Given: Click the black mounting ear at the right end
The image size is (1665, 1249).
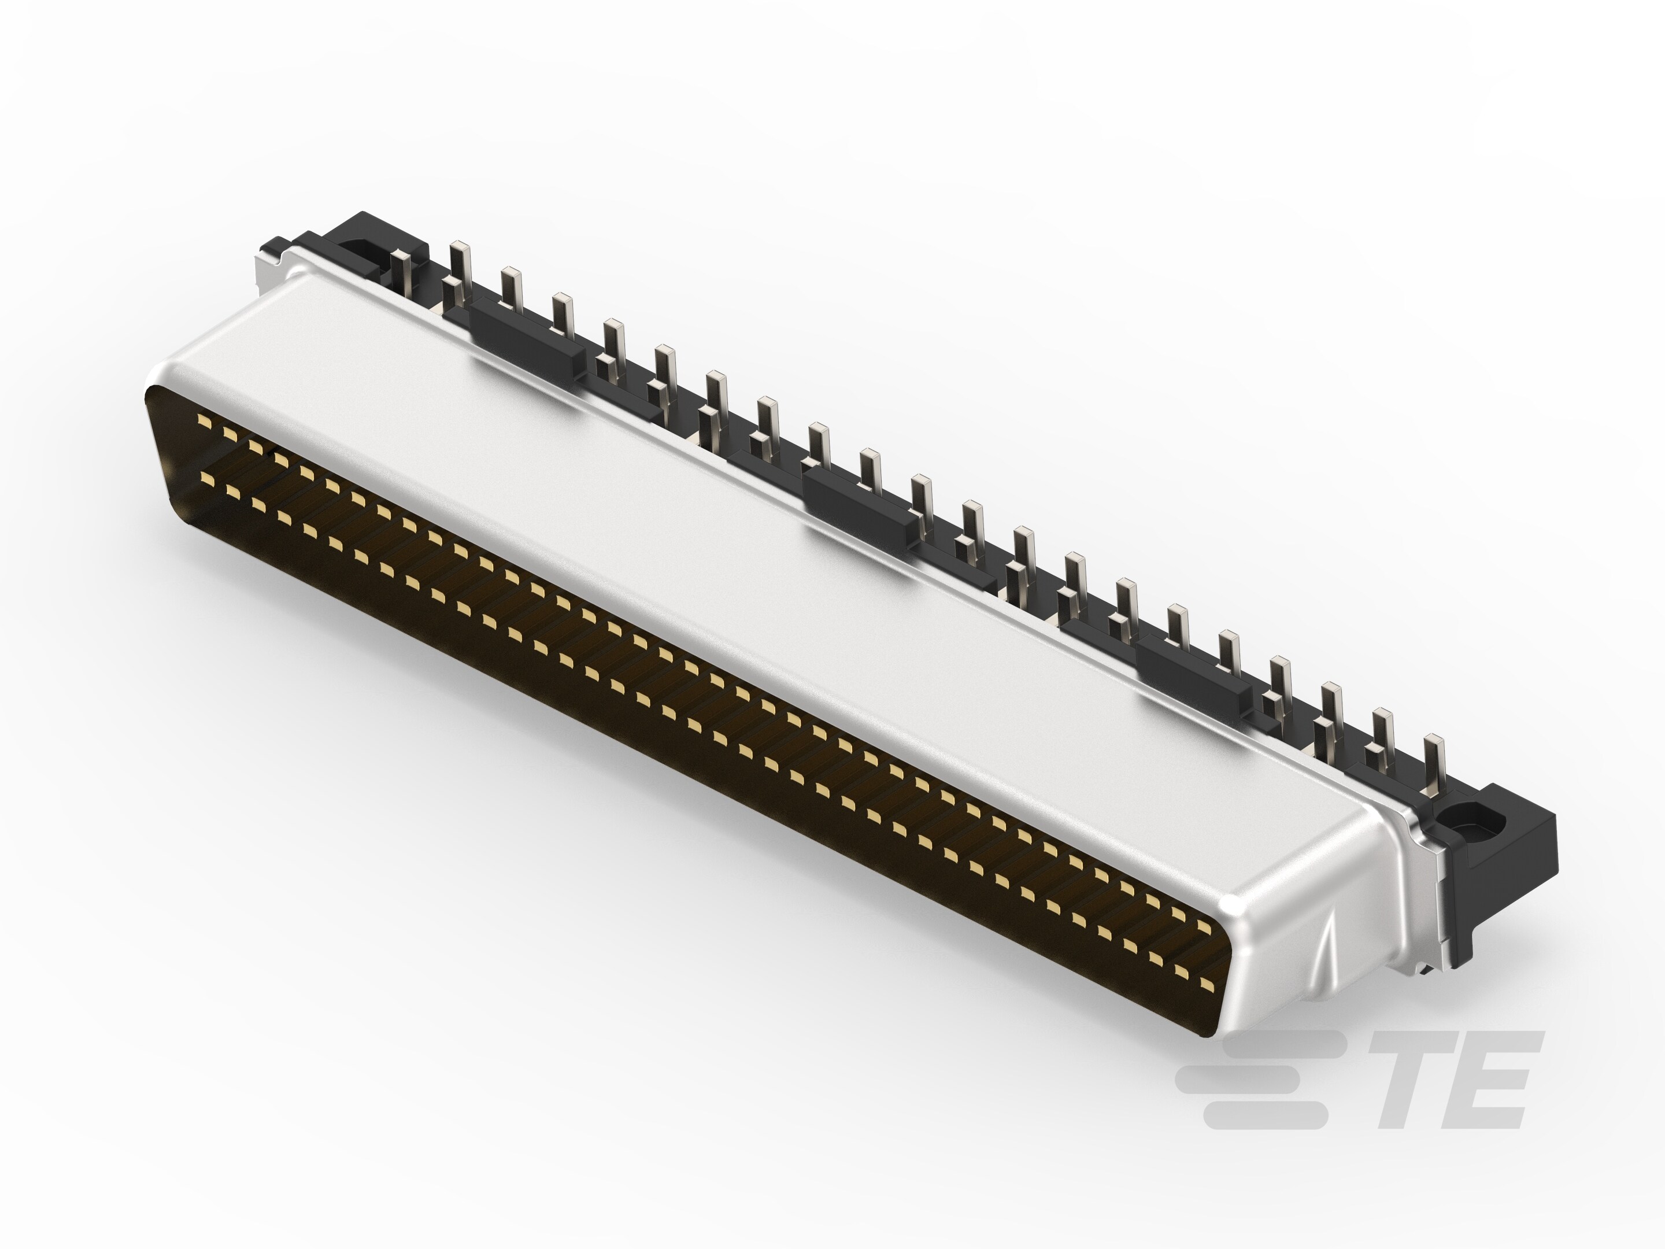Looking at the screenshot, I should pyautogui.click(x=1505, y=843).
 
